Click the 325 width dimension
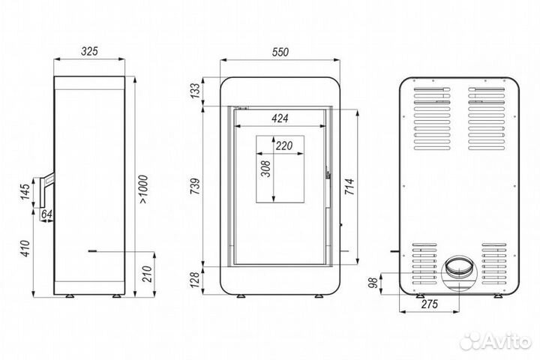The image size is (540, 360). point(89,52)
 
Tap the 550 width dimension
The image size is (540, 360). point(279,52)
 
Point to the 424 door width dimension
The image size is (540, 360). point(280,118)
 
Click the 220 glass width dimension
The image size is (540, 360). point(283,146)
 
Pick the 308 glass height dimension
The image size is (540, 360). point(265,171)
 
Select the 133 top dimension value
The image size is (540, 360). point(196,91)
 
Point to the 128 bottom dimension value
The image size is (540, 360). point(196,280)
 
